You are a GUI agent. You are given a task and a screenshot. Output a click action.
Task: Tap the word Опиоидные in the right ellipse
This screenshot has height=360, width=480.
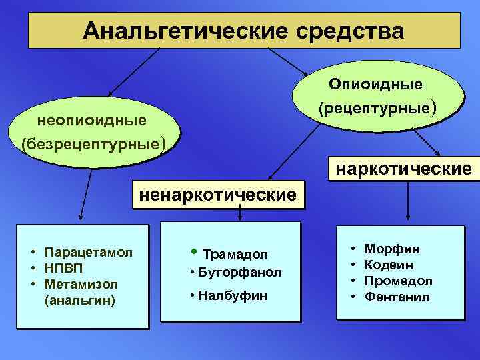point(376,84)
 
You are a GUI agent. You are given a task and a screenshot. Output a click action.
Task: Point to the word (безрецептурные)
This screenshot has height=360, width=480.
point(92,143)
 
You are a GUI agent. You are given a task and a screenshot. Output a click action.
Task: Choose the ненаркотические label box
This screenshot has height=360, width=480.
point(217,195)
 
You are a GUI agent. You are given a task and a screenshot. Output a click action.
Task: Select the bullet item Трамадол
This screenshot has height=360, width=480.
point(235,254)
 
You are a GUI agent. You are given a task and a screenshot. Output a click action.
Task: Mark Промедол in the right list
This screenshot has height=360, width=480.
point(399,281)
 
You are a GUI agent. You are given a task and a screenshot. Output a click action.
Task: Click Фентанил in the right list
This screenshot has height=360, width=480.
point(397,297)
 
